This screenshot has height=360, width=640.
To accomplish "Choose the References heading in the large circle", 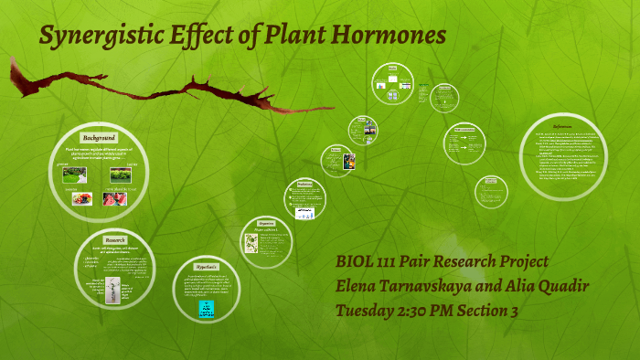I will click(563, 126).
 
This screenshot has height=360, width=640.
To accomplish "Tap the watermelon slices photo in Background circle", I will click(116, 199).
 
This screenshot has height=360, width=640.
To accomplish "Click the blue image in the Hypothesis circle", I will click(207, 309).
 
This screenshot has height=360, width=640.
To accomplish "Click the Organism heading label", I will click(266, 222).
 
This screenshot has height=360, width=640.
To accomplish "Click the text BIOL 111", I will click(370, 263).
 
